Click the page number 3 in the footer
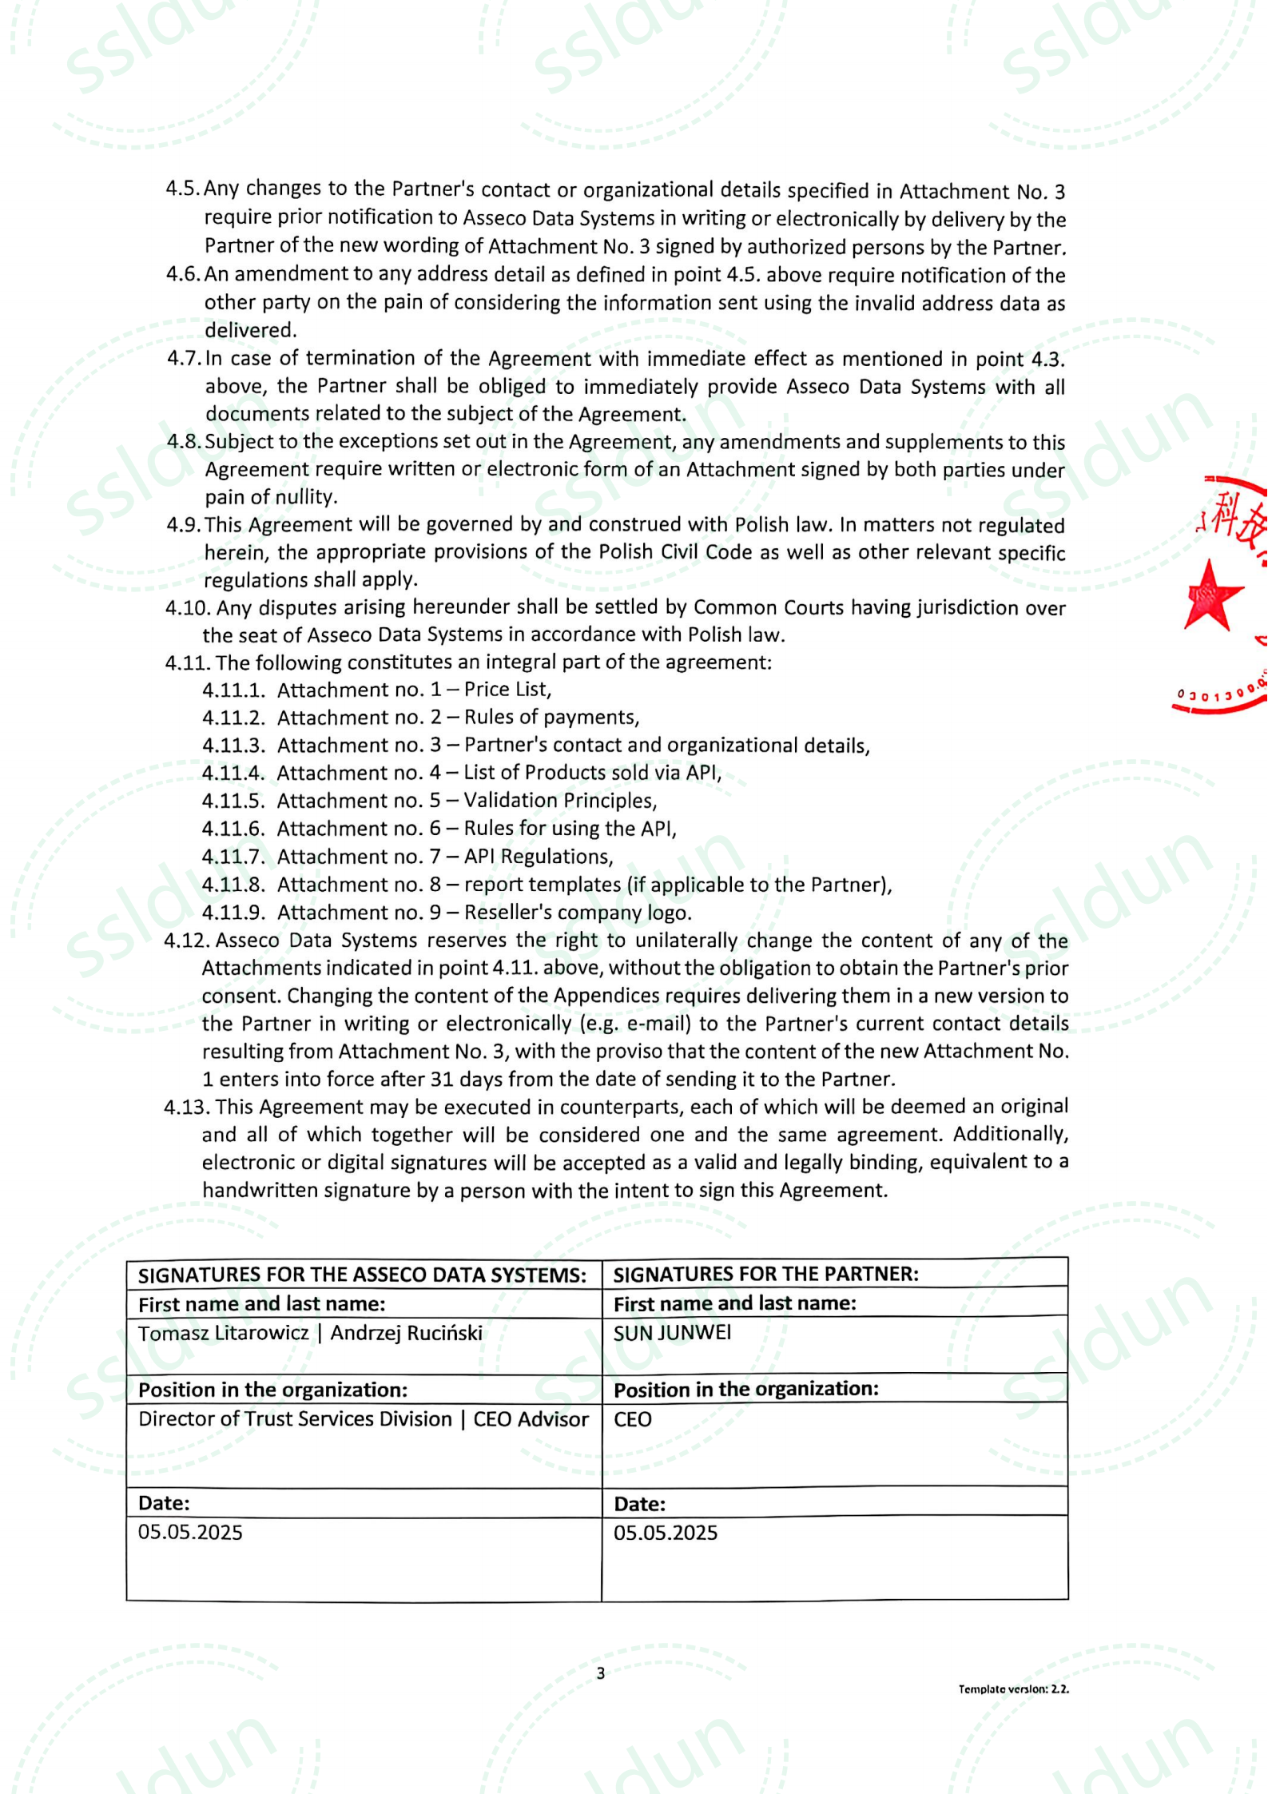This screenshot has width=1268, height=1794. pos(601,1673)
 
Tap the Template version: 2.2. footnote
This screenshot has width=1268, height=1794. pos(1013,1689)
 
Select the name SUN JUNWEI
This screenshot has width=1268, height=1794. pos(672,1333)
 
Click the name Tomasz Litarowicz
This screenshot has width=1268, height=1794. pos(223,1334)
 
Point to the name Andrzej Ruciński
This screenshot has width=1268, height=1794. pos(406,1334)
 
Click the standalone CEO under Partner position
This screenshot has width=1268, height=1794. pos(632,1419)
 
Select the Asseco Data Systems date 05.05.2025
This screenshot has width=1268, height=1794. pos(190,1532)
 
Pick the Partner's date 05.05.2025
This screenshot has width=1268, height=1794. pos(666,1533)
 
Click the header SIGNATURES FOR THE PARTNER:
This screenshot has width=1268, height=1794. pos(765,1274)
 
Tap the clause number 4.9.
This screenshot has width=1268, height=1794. pos(183,525)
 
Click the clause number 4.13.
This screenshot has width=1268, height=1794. pos(187,1107)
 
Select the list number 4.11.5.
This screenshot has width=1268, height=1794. pos(233,801)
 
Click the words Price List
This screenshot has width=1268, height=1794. pos(507,690)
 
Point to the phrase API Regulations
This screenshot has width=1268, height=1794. pos(539,857)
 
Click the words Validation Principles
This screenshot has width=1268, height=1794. pos(560,801)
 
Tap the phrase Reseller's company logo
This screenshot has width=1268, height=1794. pos(578,913)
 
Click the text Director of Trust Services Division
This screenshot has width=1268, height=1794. pos(295,1419)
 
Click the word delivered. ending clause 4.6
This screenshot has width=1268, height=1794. pos(250,330)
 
